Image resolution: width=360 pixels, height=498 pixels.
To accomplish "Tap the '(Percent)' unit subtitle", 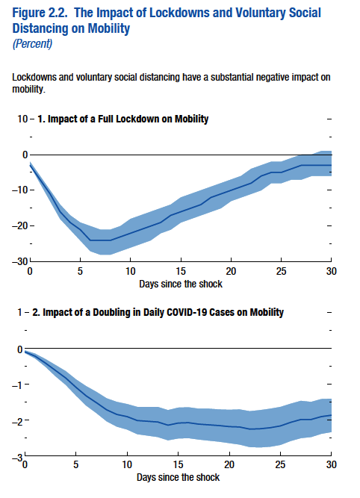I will (x=32, y=43).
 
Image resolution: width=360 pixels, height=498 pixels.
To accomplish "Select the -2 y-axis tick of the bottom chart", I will (x=16, y=420).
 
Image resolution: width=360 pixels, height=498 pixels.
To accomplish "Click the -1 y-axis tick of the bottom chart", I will (x=16, y=385).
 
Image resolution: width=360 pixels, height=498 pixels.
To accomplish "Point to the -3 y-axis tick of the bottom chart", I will (x=16, y=455).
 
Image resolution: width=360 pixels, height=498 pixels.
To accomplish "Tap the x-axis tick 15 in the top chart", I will (x=180, y=270).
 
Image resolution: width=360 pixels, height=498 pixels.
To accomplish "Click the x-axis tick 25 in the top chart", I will (x=280, y=270).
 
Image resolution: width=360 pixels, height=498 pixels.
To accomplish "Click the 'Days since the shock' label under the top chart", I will (x=179, y=283).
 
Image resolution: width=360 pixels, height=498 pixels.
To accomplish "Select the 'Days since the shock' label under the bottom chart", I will (x=179, y=476).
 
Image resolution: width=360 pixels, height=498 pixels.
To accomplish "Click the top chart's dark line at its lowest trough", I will (x=100, y=240).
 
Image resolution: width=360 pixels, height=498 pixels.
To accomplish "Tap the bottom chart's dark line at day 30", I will (x=330, y=415).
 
